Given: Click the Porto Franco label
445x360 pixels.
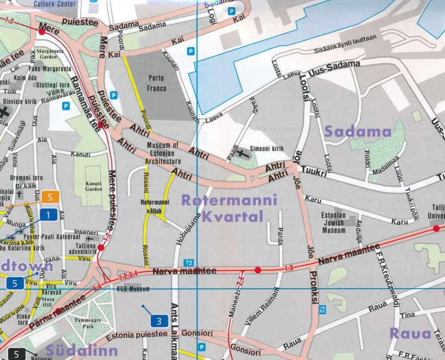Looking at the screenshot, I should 157,83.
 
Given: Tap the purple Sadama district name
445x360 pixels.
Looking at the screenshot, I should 358,131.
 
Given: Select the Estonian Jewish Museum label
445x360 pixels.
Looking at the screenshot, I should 333,222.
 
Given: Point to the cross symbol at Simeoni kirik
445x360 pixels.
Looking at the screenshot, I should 242,154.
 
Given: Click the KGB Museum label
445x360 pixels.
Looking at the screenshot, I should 133,289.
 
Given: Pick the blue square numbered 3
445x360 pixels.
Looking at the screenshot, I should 159,320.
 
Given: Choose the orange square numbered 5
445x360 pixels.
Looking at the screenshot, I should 51,196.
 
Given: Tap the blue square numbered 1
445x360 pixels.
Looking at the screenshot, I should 49,215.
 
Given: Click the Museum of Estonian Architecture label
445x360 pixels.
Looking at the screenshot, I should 163,153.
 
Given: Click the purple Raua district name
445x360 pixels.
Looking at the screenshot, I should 410,333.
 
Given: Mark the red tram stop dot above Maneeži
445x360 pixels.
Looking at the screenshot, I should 257,270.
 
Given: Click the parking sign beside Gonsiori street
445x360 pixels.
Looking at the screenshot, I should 202,347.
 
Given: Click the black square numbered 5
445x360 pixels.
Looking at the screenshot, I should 16,354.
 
